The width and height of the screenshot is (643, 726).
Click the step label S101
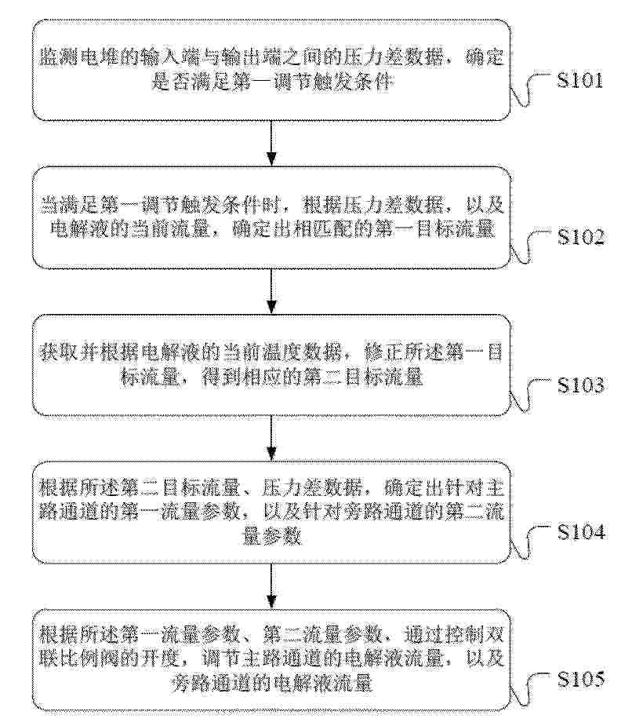click(x=580, y=80)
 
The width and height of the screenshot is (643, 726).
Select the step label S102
click(x=580, y=237)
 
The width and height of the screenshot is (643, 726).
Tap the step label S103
click(x=580, y=385)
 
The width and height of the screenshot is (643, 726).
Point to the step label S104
click(x=581, y=532)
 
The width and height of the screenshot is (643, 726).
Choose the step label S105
click(x=581, y=679)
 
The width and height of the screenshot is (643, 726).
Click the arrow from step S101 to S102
click(x=271, y=143)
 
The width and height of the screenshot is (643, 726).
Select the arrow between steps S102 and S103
click(x=271, y=290)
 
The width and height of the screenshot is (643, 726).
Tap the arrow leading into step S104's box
click(x=271, y=438)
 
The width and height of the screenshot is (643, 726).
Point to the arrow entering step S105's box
click(x=271, y=586)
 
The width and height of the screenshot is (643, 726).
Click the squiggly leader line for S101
click(x=530, y=90)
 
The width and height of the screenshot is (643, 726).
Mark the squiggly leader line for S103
click(x=530, y=395)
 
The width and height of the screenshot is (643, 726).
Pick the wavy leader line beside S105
click(x=530, y=690)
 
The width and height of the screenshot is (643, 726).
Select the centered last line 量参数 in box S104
click(x=272, y=537)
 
